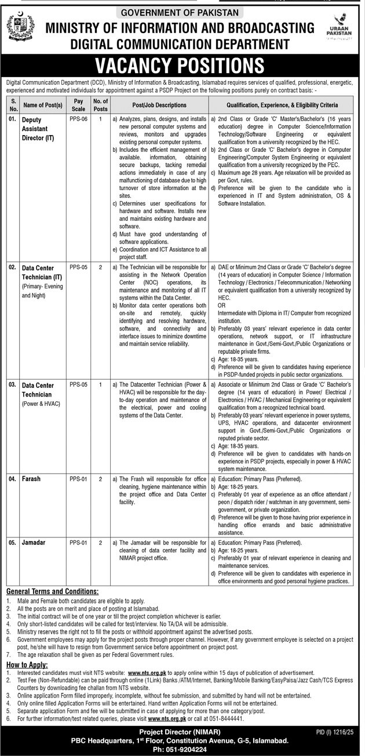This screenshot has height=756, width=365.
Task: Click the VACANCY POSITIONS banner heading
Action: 183,64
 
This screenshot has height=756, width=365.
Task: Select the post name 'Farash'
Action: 31,479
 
